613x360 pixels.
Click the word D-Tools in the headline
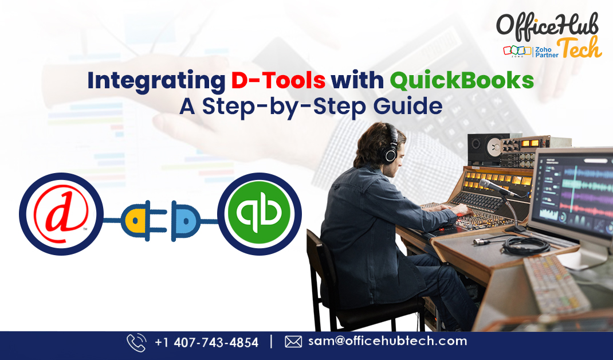click(278, 81)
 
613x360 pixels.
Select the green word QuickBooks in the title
click(462, 81)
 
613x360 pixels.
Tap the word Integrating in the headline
click(156, 81)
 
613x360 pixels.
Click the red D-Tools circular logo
click(61, 214)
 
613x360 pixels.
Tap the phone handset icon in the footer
click(136, 342)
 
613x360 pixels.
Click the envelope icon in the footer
click(293, 342)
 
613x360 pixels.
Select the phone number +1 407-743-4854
click(207, 342)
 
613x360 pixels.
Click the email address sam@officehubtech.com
click(387, 342)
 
